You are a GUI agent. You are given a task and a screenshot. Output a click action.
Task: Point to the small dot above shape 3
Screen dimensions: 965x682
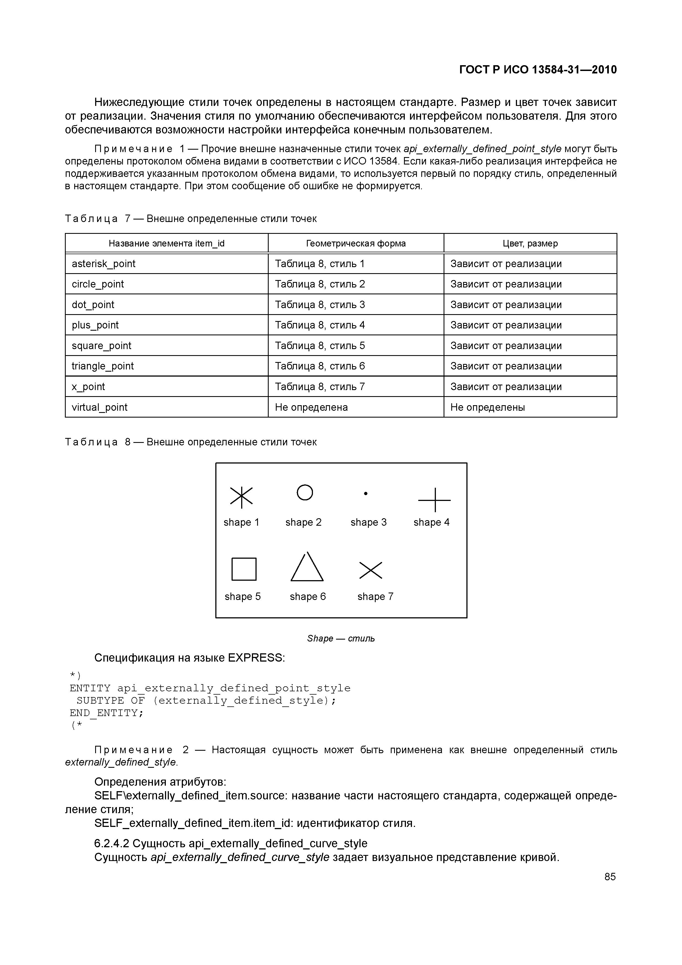click(365, 494)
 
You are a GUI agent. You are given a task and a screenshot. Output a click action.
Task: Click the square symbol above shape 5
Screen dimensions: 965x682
click(244, 569)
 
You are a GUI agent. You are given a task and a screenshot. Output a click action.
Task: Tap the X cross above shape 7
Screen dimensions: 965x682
click(371, 570)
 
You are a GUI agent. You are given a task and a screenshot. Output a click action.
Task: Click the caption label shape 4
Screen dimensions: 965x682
click(431, 522)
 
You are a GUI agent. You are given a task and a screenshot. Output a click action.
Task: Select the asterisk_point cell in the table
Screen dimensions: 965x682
click(104, 264)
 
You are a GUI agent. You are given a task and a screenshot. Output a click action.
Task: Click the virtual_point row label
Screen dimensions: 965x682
click(100, 407)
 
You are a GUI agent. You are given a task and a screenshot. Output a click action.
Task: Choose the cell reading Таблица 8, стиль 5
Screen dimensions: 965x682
click(320, 346)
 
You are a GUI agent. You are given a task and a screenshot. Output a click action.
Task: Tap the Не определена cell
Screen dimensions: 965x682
click(311, 407)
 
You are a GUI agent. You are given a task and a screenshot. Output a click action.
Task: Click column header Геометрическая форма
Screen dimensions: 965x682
click(356, 243)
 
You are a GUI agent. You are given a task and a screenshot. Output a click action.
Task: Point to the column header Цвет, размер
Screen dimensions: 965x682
click(530, 243)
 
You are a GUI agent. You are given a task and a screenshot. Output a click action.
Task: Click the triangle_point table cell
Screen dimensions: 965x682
click(103, 366)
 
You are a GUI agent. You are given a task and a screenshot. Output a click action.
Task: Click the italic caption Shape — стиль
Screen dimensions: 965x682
click(341, 638)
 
